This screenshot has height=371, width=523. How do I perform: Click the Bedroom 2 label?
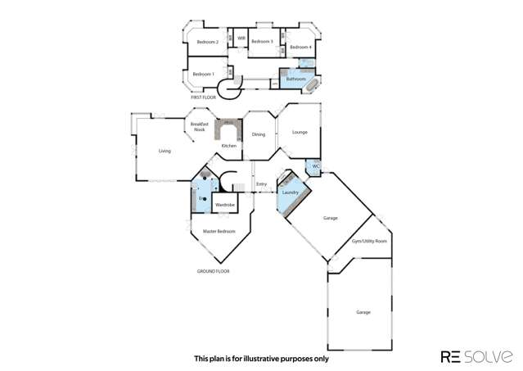(207, 42)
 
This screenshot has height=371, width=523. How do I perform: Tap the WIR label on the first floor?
(241, 38)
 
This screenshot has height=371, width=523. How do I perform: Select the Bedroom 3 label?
(261, 42)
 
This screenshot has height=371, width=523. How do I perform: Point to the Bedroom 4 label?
(300, 48)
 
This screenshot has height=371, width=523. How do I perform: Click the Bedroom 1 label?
(204, 75)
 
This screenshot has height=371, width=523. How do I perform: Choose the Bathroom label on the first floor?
(295, 79)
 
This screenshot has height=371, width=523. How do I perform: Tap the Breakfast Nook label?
(200, 126)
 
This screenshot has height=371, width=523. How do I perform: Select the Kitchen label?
(228, 146)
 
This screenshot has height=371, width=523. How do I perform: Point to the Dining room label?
(259, 134)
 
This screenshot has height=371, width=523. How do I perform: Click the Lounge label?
(300, 131)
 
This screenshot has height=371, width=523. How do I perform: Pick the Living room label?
(165, 152)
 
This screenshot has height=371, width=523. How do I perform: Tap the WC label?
(314, 167)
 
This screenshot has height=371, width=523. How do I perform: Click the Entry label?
(262, 184)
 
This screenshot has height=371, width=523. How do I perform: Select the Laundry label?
(289, 192)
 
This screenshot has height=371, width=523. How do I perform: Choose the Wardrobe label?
(225, 203)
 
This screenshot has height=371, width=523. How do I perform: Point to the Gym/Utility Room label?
(369, 242)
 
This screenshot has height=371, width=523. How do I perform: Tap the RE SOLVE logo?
(477, 356)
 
